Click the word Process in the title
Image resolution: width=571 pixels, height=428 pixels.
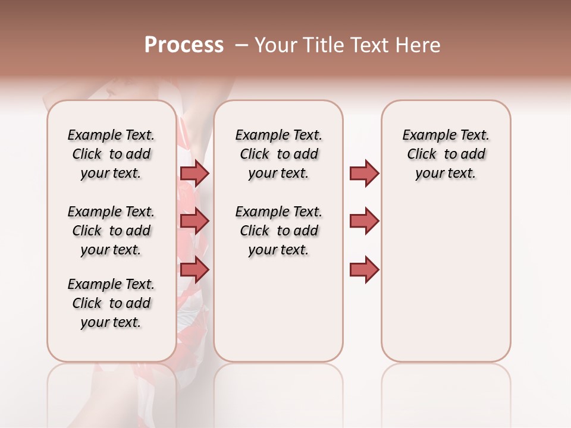pyautogui.click(x=184, y=45)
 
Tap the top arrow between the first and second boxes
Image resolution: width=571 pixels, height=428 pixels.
pyautogui.click(x=194, y=173)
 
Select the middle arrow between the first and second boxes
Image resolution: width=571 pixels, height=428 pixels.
pyautogui.click(x=194, y=222)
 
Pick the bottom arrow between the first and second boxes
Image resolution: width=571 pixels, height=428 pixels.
pyautogui.click(x=194, y=269)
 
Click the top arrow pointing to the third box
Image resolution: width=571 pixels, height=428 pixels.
pyautogui.click(x=364, y=173)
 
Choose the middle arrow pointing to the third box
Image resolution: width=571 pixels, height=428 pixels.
pyautogui.click(x=364, y=221)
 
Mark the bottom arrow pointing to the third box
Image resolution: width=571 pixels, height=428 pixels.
pyautogui.click(x=364, y=269)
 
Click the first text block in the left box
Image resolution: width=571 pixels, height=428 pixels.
pyautogui.click(x=111, y=154)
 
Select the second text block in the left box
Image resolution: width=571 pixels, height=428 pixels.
pyautogui.click(x=111, y=231)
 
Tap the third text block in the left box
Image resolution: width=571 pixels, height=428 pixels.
pyautogui.click(x=111, y=303)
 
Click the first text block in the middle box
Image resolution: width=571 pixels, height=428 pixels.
pyautogui.click(x=278, y=154)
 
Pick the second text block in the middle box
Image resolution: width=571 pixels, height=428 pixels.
pyautogui.click(x=278, y=231)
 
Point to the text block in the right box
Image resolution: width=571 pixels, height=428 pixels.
pyautogui.click(x=445, y=154)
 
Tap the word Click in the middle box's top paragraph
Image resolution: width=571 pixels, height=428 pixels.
pyautogui.click(x=255, y=155)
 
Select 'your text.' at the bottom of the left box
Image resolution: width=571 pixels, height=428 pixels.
pyautogui.click(x=111, y=322)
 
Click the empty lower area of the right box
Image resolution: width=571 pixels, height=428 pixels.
pyautogui.click(x=445, y=285)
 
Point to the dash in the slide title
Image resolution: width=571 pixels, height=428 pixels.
pyautogui.click(x=241, y=45)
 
